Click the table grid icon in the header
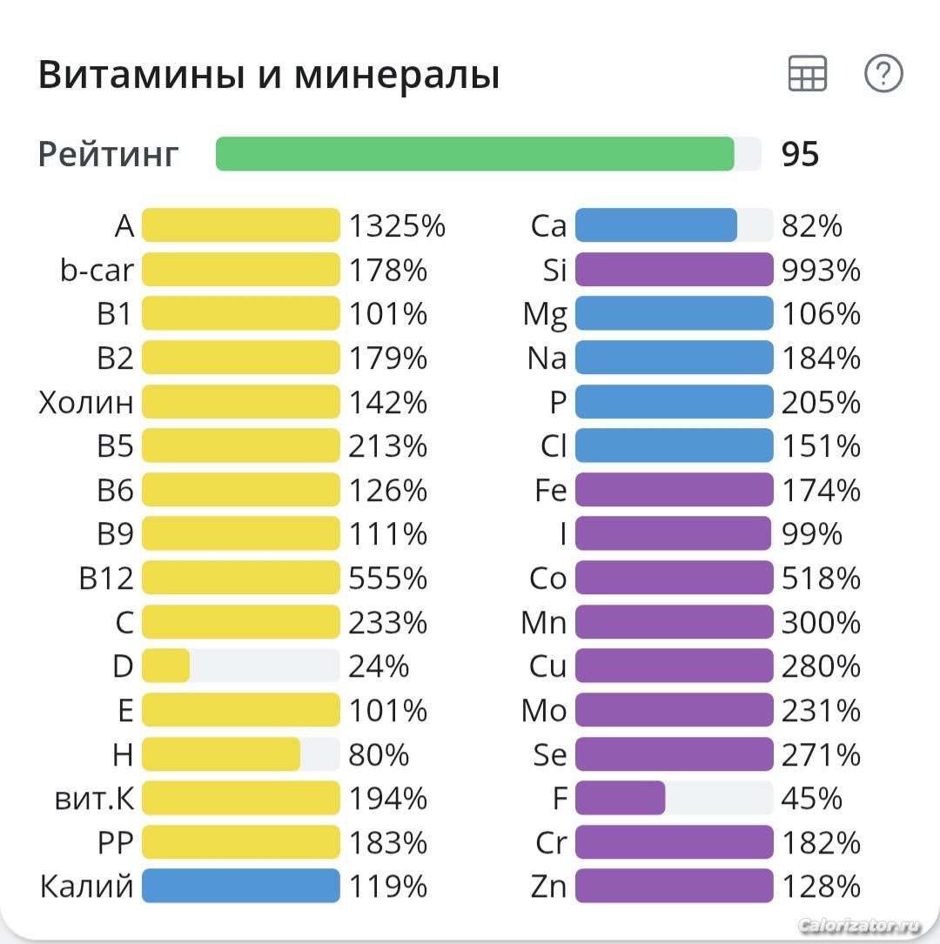point(807,74)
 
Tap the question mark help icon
point(883,74)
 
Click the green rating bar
point(474,154)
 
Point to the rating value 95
point(800,155)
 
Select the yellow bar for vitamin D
point(165,666)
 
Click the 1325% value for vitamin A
point(397,226)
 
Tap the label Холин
point(86,403)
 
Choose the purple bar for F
point(620,798)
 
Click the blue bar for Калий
point(240,887)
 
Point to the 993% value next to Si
point(821,271)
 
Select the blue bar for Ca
point(655,226)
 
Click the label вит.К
point(94,798)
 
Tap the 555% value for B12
point(388,579)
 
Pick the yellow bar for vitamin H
point(220,754)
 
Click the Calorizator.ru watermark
point(858,925)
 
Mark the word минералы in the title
point(397,76)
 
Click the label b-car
point(97,271)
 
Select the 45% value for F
point(812,798)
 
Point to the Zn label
point(548,887)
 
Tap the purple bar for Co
point(674,579)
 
